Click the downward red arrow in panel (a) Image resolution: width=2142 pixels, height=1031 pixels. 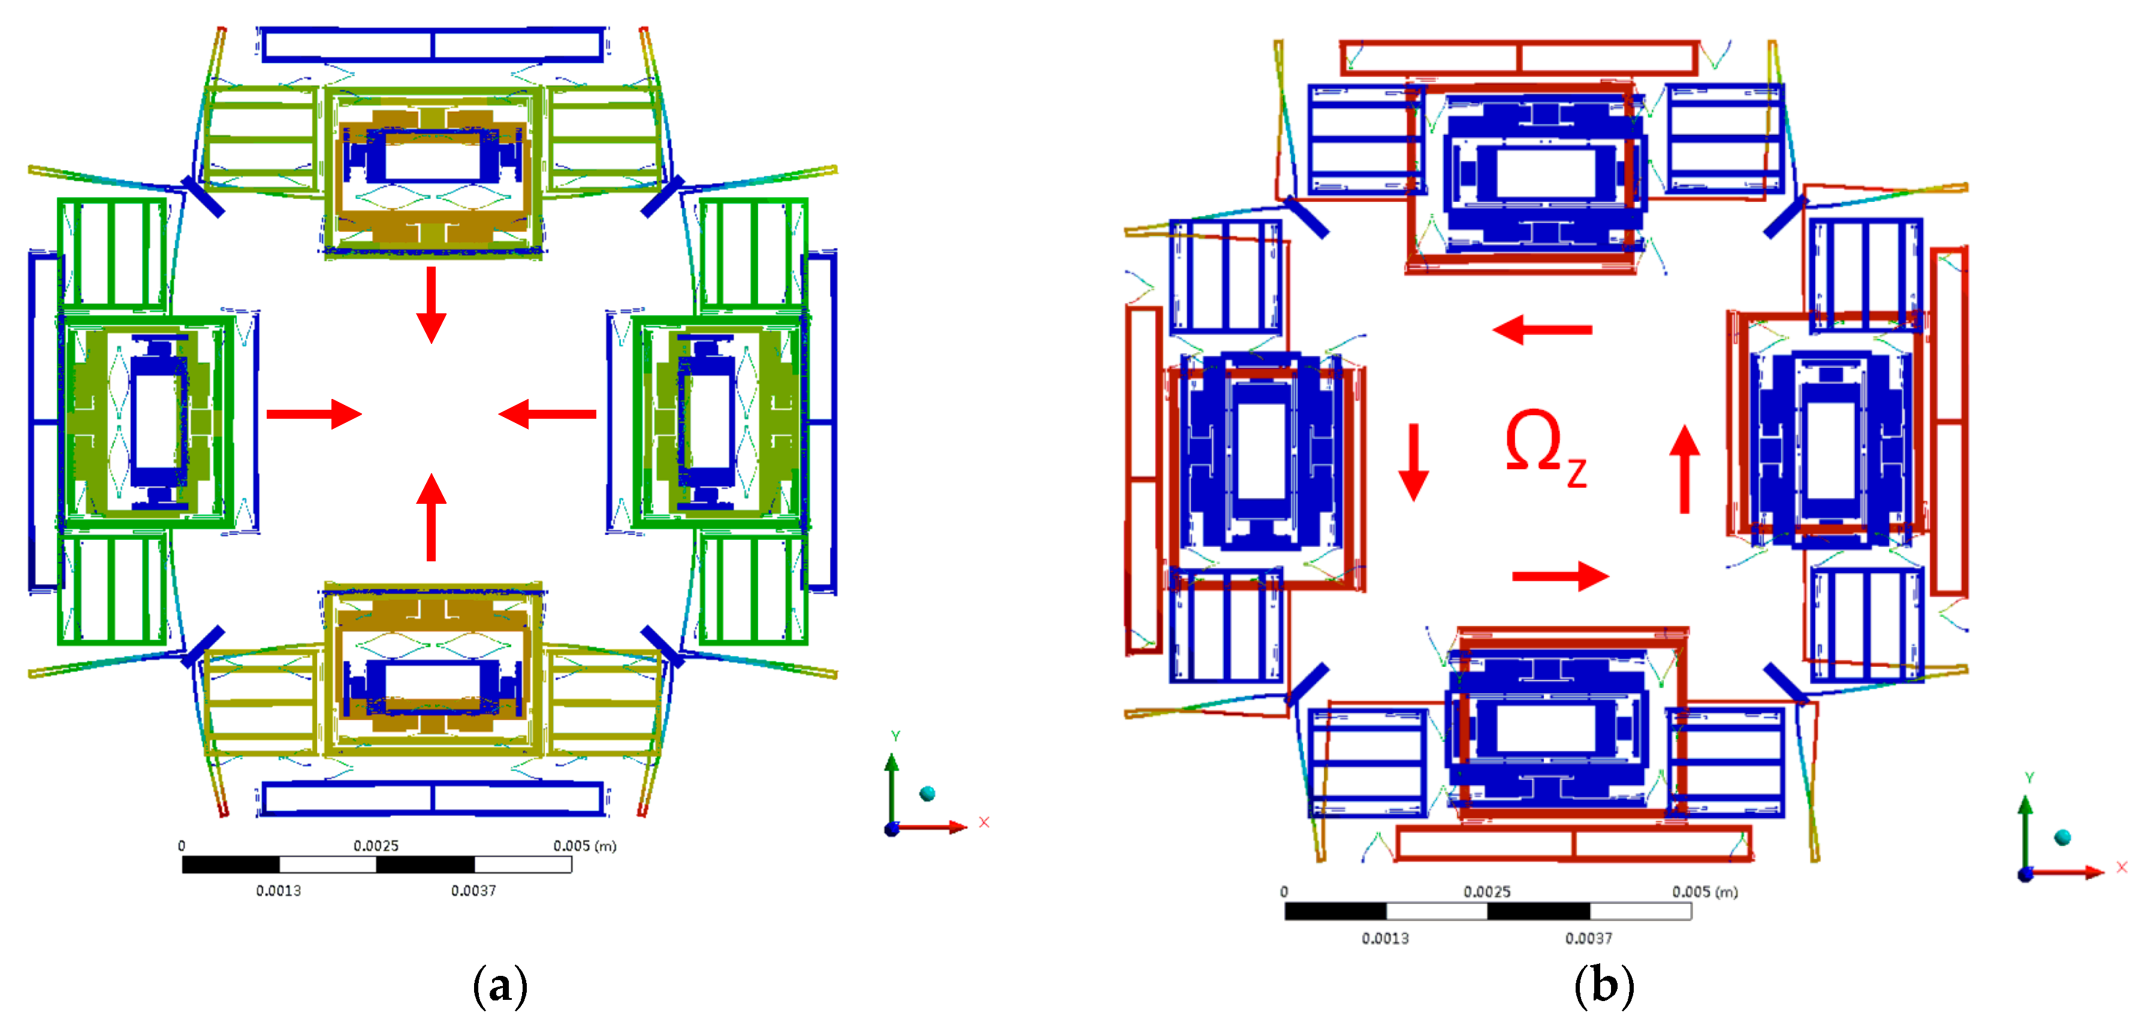pos(431,304)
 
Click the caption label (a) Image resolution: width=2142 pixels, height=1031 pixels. pos(500,986)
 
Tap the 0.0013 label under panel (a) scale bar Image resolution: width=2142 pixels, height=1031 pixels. pos(279,890)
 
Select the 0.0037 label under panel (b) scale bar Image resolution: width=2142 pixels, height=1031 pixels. pos(1588,938)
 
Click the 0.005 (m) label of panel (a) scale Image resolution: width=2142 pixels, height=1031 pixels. pos(584,845)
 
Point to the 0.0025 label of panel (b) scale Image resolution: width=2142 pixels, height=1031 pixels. pos(1487,891)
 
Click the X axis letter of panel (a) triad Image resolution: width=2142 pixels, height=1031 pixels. pos(983,823)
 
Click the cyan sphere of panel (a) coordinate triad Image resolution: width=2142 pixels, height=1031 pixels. pos(927,793)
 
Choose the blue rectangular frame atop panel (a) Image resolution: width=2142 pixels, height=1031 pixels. pos(432,44)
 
